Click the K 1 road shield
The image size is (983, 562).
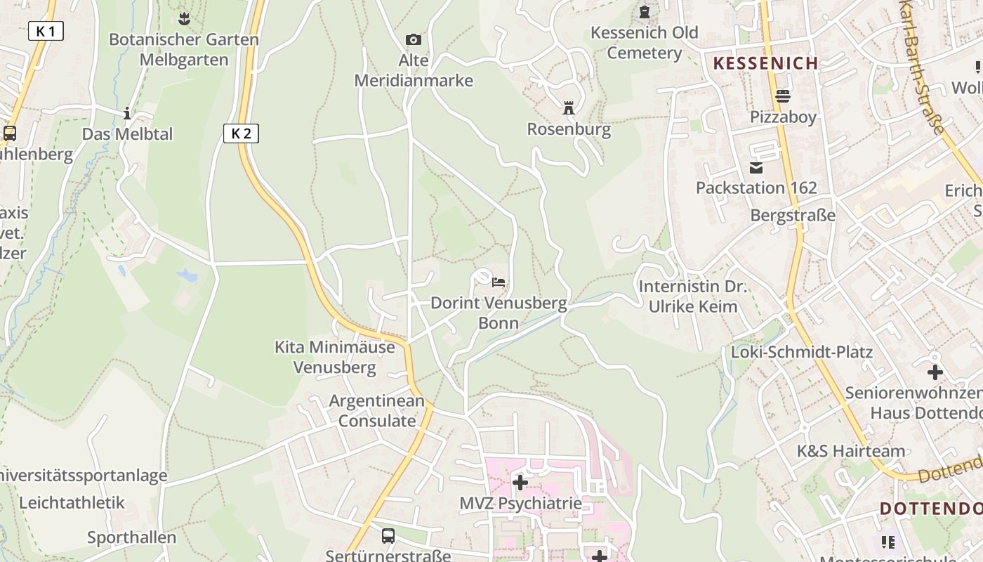(46, 31)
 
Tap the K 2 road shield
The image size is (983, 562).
(241, 133)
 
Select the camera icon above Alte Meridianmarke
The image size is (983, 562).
(414, 40)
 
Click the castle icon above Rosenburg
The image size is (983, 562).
(569, 109)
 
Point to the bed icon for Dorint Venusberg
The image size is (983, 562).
(499, 283)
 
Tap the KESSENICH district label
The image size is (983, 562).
(766, 63)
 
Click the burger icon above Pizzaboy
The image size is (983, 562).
(783, 96)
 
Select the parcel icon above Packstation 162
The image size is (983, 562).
(756, 168)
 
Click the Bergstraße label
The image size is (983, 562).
(793, 215)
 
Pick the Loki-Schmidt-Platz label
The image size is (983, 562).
(802, 351)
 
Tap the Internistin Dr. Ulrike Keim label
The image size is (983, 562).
(693, 296)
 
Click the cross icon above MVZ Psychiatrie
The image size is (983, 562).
(520, 483)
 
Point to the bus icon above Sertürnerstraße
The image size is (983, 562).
(388, 536)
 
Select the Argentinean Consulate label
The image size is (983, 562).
(377, 411)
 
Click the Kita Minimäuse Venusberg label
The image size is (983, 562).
(334, 357)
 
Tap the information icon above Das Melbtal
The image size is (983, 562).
(127, 113)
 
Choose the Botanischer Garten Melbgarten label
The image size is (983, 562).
(184, 49)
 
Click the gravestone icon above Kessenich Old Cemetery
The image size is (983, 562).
(645, 12)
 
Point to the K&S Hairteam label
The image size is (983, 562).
(851, 451)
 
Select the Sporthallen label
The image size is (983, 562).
(132, 537)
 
